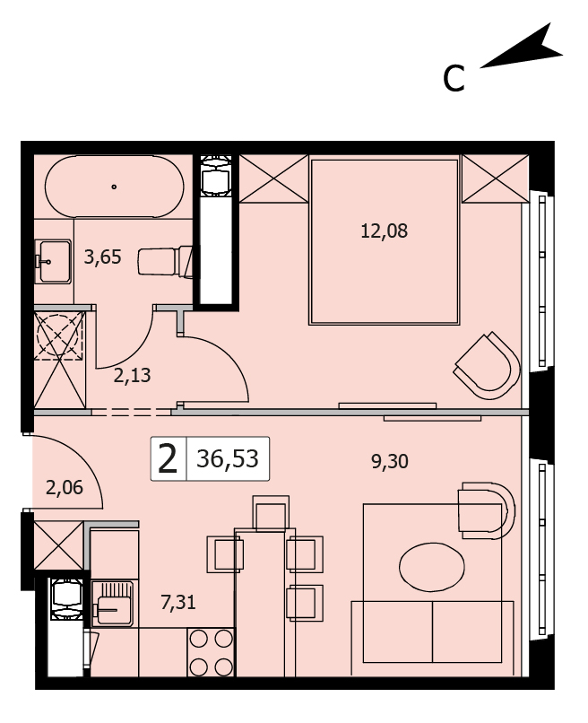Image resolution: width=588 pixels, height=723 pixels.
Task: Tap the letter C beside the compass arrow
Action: (454, 78)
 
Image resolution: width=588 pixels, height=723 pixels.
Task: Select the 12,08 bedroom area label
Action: (384, 231)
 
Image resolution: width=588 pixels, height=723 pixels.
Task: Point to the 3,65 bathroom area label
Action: (102, 257)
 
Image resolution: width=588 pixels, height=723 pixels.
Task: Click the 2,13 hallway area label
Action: (133, 376)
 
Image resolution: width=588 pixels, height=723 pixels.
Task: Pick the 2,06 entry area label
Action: (65, 487)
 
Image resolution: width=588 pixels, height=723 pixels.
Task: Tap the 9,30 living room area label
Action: (390, 461)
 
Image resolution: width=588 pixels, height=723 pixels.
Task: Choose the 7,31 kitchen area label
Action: (178, 602)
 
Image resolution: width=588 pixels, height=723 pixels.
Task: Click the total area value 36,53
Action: (228, 458)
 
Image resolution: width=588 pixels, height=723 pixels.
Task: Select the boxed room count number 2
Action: (168, 459)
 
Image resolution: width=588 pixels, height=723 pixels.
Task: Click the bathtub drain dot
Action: (114, 187)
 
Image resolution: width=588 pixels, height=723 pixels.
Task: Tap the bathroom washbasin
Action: (54, 261)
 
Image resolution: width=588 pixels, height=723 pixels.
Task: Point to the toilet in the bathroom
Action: (165, 262)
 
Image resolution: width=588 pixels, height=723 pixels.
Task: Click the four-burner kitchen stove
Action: (211, 652)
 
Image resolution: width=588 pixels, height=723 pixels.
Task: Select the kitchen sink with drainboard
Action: (113, 603)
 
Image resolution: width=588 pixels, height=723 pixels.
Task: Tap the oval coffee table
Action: (432, 567)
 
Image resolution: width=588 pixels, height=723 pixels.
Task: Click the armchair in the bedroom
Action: (489, 365)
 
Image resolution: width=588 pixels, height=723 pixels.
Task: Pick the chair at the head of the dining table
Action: (272, 512)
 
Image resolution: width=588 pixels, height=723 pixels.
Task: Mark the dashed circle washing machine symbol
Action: (59, 336)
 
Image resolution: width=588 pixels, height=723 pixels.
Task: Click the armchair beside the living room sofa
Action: (487, 510)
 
